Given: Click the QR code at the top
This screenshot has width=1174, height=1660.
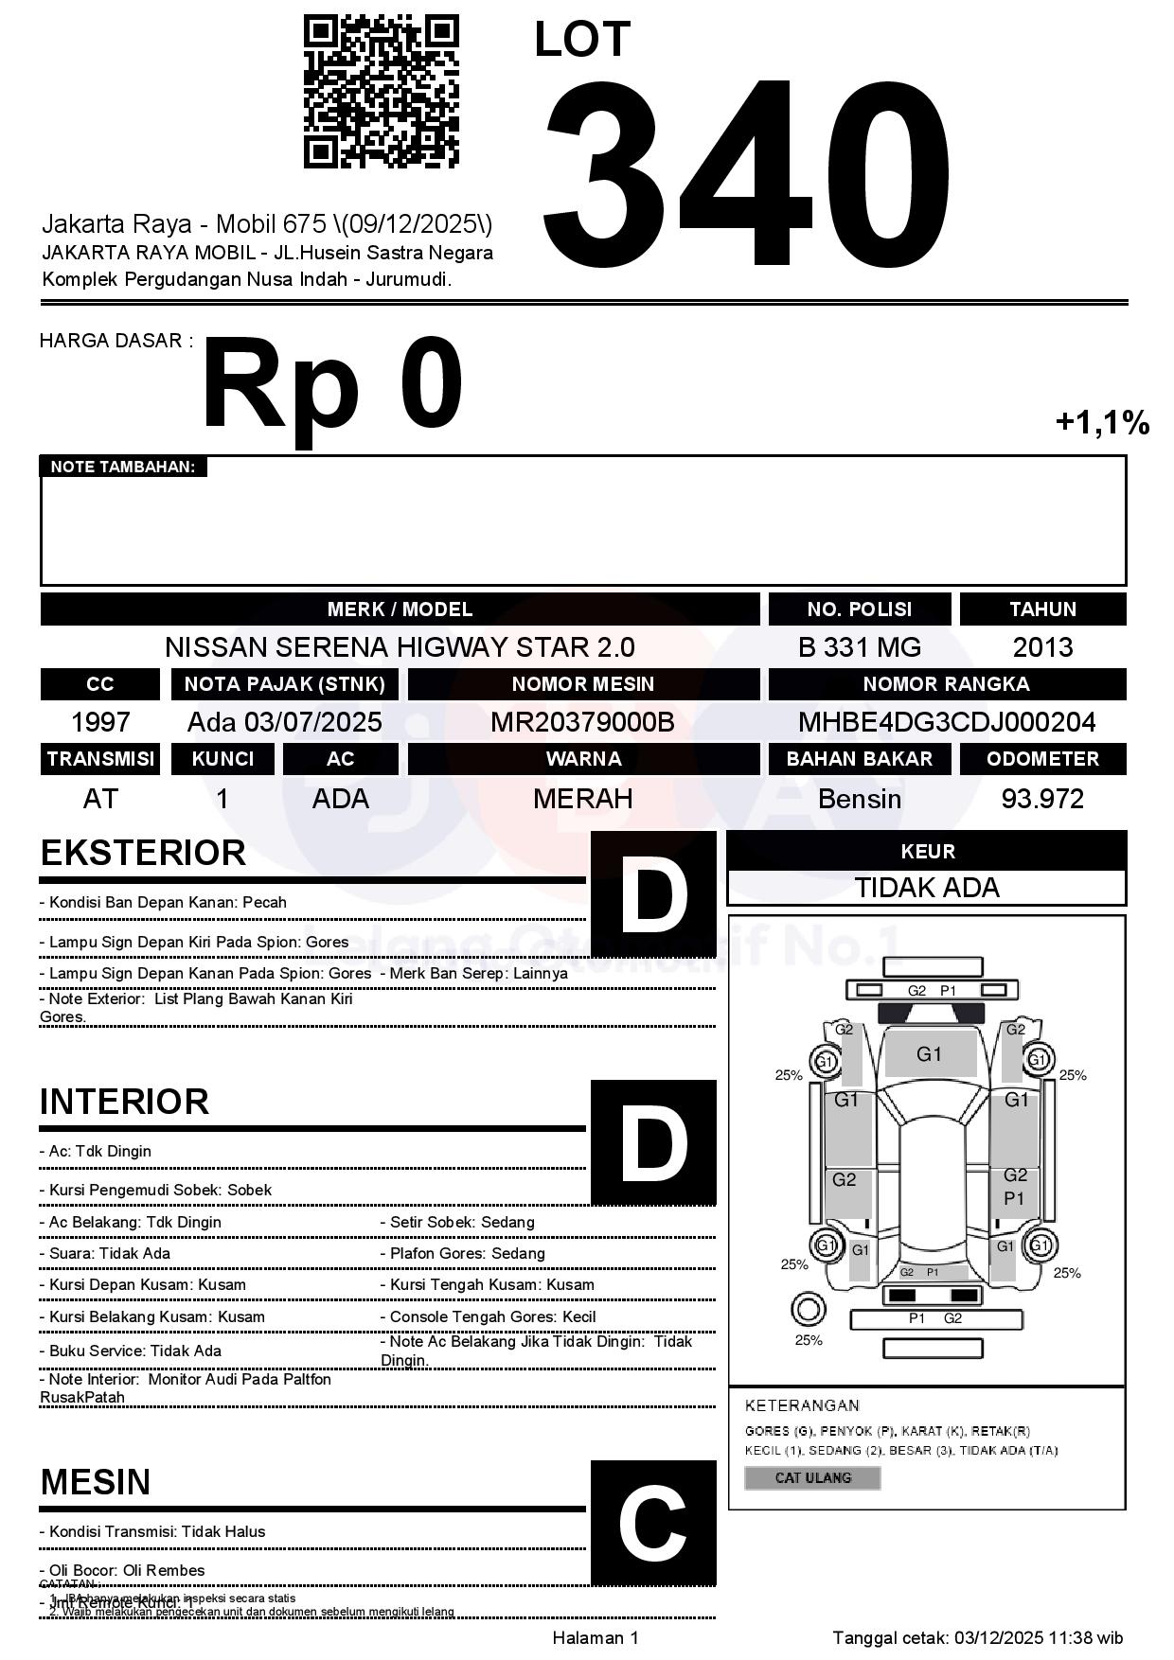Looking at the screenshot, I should (381, 91).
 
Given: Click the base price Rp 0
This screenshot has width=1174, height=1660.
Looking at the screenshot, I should (331, 386).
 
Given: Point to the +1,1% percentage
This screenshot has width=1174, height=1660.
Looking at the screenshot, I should (1102, 422).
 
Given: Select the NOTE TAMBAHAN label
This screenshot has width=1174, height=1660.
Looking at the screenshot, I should (123, 467).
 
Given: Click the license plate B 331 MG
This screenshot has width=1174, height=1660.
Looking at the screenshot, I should (859, 647).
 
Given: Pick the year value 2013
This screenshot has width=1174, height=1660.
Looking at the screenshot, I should (1042, 647).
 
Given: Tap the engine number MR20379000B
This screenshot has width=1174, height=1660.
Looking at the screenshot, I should (582, 722).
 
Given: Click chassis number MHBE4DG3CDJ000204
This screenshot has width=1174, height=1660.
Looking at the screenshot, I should (947, 722).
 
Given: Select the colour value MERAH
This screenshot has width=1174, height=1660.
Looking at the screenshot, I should (582, 799).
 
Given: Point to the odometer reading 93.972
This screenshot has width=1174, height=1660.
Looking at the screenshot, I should (1042, 799).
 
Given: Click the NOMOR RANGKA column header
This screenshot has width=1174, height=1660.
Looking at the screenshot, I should (947, 684).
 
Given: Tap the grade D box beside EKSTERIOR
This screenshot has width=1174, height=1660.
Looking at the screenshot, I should (653, 893).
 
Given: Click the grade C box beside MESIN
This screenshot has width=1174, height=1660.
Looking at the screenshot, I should (653, 1523).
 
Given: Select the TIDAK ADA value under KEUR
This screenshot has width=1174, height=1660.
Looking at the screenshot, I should (927, 888).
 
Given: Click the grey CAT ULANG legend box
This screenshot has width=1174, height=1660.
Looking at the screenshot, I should (812, 1477).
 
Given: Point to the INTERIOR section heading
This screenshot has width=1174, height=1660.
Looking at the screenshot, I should (124, 1102).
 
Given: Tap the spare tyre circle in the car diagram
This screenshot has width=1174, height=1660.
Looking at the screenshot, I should (808, 1311).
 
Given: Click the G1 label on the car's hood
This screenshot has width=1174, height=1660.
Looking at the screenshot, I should (929, 1054).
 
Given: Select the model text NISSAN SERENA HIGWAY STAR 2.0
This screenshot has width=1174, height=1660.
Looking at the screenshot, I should (400, 647).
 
